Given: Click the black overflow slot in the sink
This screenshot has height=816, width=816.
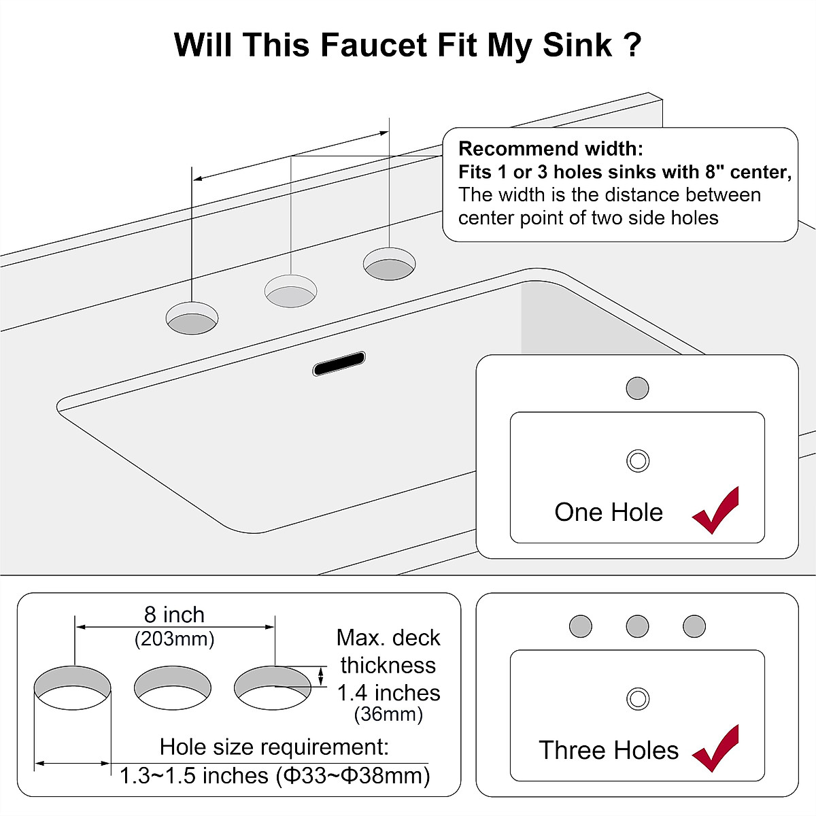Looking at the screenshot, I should (x=339, y=364).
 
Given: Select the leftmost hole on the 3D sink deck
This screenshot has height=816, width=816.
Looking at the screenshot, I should (x=192, y=318).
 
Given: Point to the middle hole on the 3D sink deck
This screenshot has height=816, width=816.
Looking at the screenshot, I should (x=290, y=291).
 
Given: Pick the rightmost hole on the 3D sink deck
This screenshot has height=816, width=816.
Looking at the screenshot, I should (x=389, y=263).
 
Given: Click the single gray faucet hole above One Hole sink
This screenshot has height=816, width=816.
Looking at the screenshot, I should (x=637, y=388).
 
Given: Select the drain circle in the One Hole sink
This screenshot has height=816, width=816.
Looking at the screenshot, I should (x=637, y=460).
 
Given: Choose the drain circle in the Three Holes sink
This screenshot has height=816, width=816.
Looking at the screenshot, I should (x=637, y=698).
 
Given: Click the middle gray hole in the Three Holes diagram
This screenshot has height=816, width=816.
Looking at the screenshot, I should (x=637, y=626).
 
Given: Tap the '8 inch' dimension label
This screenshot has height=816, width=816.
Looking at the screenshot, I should (x=174, y=615).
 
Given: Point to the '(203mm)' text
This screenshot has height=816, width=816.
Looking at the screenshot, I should (x=174, y=639).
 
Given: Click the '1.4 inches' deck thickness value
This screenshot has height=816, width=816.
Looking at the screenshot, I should (x=388, y=693).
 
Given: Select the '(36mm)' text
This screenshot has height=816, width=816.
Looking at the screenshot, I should (x=388, y=715).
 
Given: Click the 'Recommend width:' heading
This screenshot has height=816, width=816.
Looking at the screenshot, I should (x=550, y=149).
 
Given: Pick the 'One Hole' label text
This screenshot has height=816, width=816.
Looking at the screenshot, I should (x=608, y=512).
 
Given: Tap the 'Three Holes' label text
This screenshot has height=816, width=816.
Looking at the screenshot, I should (x=608, y=750).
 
